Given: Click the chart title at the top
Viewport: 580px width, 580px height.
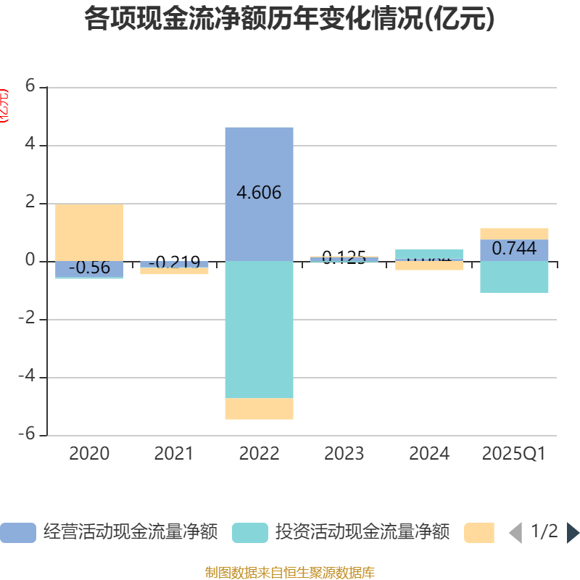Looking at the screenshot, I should [x=289, y=20].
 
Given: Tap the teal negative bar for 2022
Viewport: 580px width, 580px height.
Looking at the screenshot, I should [x=259, y=330].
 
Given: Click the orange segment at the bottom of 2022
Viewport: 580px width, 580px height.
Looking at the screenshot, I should [x=259, y=409].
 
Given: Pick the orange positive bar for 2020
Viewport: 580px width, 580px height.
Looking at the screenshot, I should [x=89, y=232].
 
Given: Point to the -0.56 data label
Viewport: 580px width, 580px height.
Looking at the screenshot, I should [x=89, y=268].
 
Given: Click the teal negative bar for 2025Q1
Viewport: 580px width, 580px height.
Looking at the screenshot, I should [x=514, y=277].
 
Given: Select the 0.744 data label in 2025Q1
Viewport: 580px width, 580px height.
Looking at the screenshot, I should [x=514, y=249].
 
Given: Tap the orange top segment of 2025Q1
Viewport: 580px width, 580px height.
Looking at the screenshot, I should [x=514, y=233].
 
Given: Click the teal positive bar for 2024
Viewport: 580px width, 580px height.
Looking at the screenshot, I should [x=429, y=254].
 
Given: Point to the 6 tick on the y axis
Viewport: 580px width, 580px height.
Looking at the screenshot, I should [x=30, y=86].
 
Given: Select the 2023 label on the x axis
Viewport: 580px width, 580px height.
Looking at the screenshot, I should [x=344, y=454].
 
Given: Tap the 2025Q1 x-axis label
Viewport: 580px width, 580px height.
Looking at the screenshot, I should [x=514, y=454].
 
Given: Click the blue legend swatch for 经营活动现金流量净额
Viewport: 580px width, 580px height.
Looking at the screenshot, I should [x=17, y=533].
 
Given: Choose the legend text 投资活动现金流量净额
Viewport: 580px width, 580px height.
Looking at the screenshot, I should [x=362, y=532].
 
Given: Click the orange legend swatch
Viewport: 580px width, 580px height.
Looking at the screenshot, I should [x=478, y=533].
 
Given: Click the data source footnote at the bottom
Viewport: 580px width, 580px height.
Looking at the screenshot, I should [x=289, y=573].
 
